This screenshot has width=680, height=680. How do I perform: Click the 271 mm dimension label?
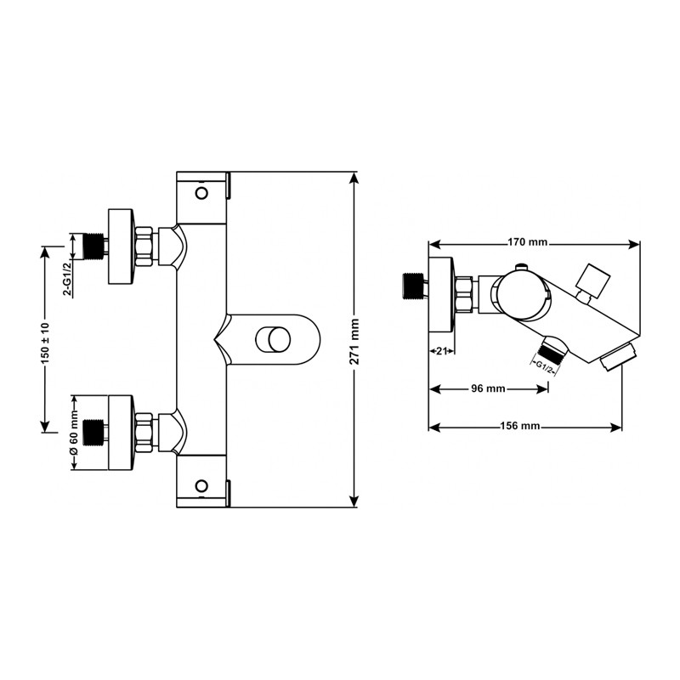pos(355,342)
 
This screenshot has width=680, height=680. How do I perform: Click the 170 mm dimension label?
pos(527,242)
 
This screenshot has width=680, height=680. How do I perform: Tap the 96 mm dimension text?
pos(488,388)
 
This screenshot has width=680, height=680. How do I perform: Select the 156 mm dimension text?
pos(520,426)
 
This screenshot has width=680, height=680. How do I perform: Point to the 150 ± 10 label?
pos(46,343)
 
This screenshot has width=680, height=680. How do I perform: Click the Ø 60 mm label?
pos(73,433)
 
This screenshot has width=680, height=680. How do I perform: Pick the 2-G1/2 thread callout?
pos(67,280)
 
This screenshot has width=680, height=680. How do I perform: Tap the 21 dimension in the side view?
pos(441,351)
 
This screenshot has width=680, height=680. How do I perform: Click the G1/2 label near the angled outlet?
pos(543,365)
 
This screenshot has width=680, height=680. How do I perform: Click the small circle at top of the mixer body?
pos(201,193)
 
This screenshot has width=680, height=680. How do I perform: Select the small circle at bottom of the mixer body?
pos(201,485)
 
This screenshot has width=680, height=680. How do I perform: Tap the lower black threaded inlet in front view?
pos(93,433)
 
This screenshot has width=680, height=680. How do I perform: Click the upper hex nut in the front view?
pos(144,246)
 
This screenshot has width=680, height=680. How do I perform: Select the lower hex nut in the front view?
pos(144,433)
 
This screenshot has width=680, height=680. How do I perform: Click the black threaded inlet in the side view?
pos(413,286)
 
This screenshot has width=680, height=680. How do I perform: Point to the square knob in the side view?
pos(592,280)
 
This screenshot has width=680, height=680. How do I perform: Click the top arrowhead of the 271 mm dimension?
pos(355,178)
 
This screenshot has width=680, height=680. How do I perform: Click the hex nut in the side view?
pos(464,293)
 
